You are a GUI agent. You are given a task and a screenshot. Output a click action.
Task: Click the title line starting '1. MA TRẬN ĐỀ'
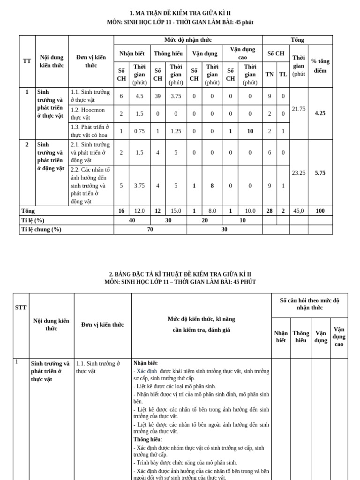click(180, 13)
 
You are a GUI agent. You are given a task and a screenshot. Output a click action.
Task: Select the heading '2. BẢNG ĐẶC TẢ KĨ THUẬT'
click(180, 274)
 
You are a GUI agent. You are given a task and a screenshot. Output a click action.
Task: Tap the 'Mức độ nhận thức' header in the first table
click(187, 40)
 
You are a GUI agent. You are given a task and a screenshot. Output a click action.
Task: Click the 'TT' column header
click(27, 61)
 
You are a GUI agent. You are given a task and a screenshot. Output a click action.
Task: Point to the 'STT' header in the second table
click(21, 307)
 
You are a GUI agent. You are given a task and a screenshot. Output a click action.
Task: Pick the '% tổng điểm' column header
click(320, 66)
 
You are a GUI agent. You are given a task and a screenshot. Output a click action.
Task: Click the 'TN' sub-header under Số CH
click(270, 74)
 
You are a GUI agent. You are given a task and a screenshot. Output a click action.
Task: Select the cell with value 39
click(157, 96)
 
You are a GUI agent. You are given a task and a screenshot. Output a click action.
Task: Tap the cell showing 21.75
click(299, 109)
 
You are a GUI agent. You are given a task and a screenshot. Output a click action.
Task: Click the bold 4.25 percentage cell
click(320, 113)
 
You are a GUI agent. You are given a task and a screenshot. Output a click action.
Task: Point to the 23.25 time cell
click(299, 172)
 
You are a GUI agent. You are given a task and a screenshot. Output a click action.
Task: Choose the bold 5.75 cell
click(320, 172)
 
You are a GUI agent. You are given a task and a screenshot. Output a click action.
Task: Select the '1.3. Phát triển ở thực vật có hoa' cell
click(90, 131)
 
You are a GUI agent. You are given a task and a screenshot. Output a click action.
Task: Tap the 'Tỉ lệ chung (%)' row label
click(41, 229)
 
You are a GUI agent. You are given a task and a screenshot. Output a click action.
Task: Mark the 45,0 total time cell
click(299, 211)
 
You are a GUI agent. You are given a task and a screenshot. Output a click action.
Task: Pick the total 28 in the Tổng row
click(270, 211)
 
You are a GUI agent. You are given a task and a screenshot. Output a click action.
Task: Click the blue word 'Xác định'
click(147, 371)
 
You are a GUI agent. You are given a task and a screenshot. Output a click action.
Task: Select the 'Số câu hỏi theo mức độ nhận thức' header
click(309, 304)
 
